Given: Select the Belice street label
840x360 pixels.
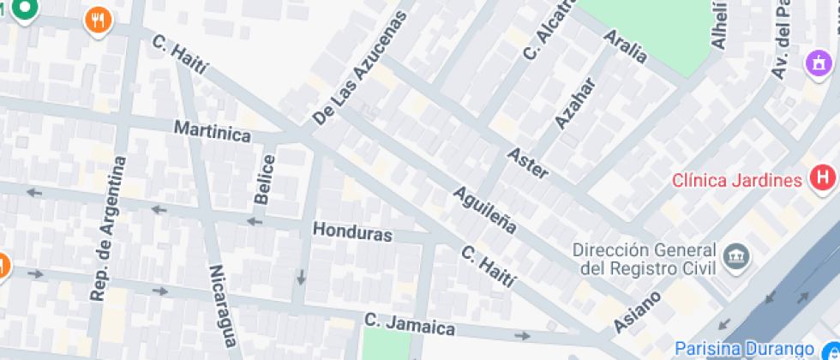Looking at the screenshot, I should coord(265,179).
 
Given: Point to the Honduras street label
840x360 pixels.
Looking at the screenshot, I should coord(352,232).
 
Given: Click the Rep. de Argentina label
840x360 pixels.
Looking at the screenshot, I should coord(108,228).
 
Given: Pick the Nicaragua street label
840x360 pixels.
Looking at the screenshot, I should coord(222,304).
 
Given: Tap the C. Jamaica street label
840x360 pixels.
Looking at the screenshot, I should coord(409,325).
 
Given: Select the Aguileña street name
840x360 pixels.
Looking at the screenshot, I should coord(484,210).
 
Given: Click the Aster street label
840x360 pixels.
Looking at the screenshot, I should coord(527,163).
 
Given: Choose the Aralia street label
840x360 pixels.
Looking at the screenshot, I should coord(625,46).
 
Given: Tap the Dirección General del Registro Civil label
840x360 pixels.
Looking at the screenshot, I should coord(645,259).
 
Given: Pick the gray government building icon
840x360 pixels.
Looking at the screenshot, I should coord(736,255).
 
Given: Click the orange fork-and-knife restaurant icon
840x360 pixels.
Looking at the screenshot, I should coord(99,20).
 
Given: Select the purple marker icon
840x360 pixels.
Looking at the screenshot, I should coord(819,63).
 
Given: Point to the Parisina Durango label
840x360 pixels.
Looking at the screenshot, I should coord(743,350).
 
